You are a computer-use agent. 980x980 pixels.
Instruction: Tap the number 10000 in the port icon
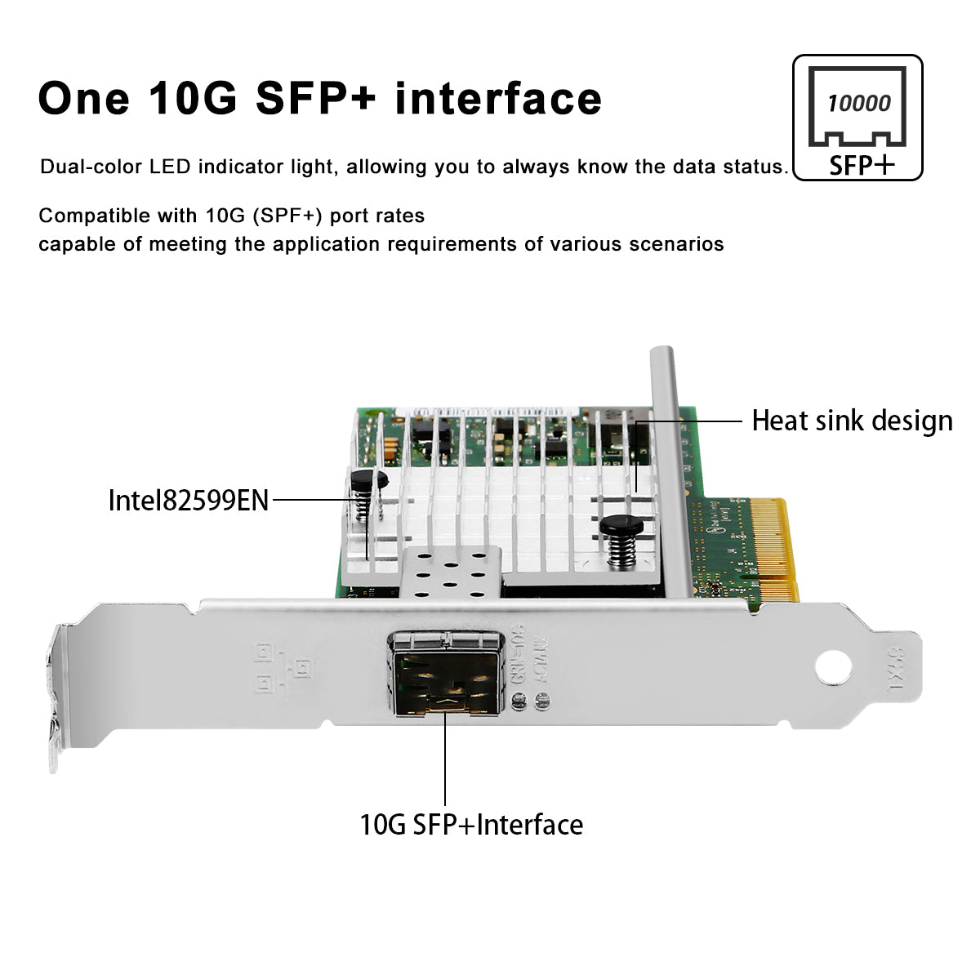(x=858, y=104)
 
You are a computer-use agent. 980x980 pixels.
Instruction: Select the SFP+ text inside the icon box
(x=862, y=165)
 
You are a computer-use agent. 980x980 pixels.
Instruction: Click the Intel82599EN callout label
(x=189, y=500)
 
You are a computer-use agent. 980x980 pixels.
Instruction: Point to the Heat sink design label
(x=852, y=421)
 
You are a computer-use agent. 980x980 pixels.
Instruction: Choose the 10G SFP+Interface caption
(x=471, y=824)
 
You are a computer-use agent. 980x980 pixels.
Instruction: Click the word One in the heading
(x=83, y=98)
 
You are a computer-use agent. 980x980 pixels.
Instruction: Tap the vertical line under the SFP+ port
(x=446, y=759)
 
